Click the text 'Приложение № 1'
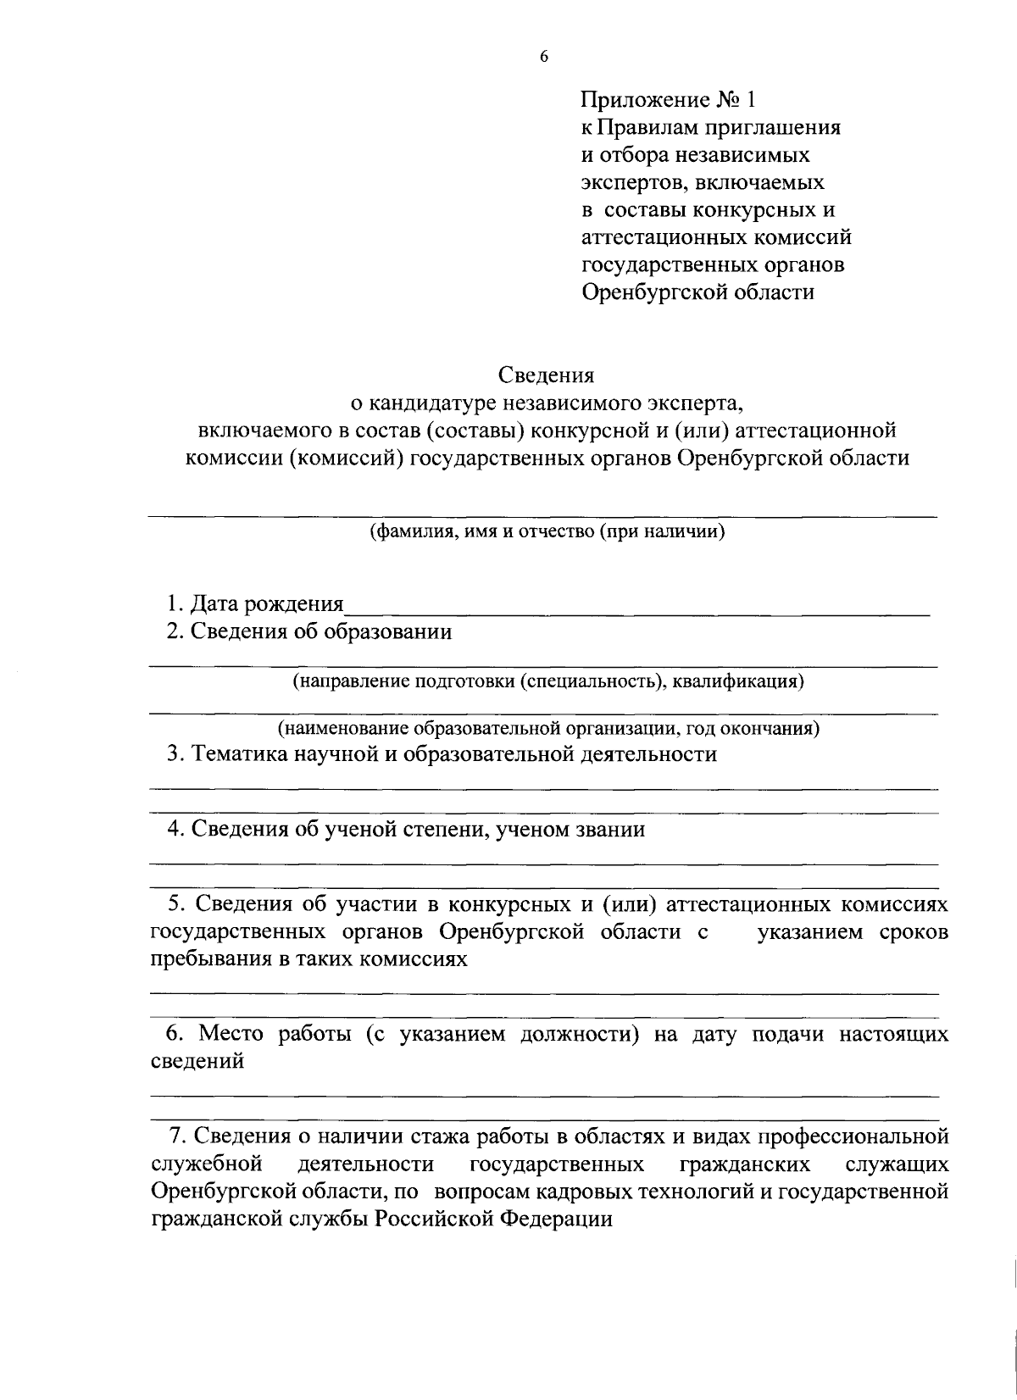666,101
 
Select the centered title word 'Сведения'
546,374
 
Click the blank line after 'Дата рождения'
636,606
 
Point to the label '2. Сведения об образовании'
308,631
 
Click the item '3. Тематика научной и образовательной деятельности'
441,754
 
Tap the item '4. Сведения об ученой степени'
406,829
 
